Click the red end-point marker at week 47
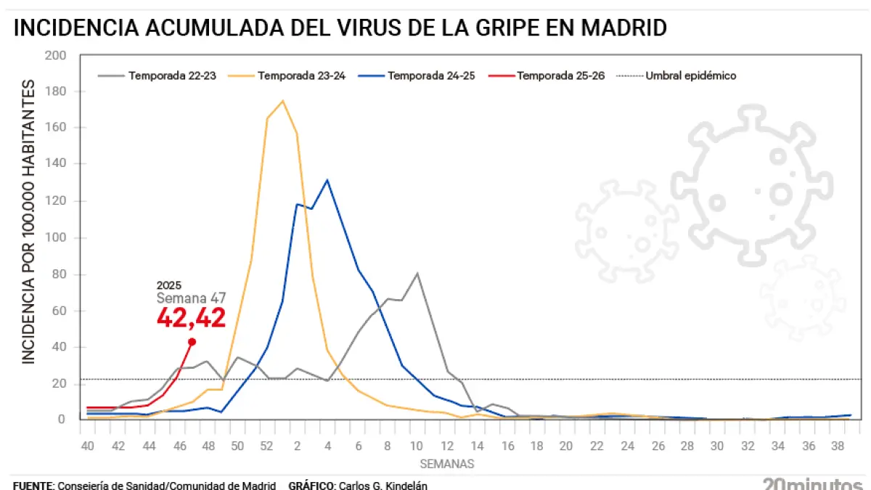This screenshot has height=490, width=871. pyautogui.click(x=192, y=342)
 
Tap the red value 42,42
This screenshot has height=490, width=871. pyautogui.click(x=191, y=317)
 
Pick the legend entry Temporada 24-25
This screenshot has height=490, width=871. pyautogui.click(x=431, y=75)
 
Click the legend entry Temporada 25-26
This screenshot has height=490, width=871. pyautogui.click(x=560, y=75)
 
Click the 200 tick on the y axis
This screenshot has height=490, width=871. pyautogui.click(x=55, y=56)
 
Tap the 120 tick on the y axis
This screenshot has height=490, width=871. pyautogui.click(x=55, y=201)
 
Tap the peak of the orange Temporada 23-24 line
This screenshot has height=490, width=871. pyautogui.click(x=282, y=100)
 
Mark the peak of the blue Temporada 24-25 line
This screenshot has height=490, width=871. pyautogui.click(x=327, y=180)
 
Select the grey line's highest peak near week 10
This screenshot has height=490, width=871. pyautogui.click(x=417, y=273)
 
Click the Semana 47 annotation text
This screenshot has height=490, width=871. pyautogui.click(x=192, y=298)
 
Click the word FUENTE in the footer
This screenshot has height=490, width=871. pyautogui.click(x=32, y=485)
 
